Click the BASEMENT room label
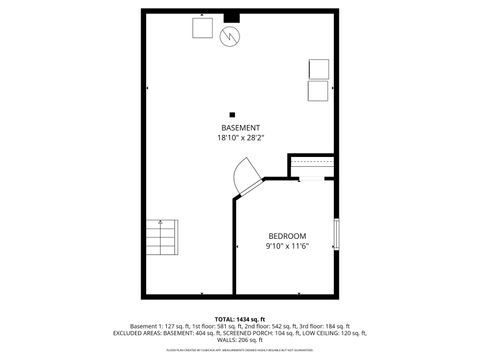tap(240, 127)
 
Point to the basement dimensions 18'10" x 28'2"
tap(240, 138)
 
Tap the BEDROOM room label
tap(286, 235)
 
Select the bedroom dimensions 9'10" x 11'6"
tap(286, 246)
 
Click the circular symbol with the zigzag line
tap(230, 36)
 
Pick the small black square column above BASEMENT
tap(232, 114)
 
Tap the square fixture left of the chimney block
tap(203, 27)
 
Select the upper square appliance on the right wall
tap(318, 68)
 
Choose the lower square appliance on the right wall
tap(318, 90)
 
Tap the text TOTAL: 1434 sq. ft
tap(239, 317)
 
